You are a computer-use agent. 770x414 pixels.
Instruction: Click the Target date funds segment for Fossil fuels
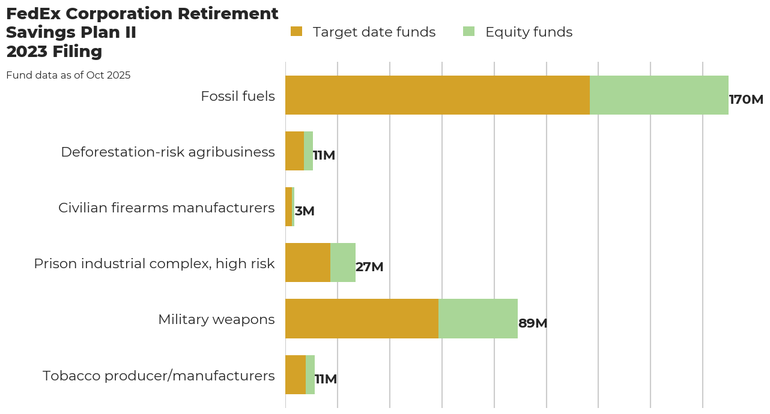click(x=437, y=95)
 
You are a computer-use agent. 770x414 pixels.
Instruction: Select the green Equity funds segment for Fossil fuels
click(x=659, y=95)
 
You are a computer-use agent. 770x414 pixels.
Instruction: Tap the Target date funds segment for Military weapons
click(x=362, y=319)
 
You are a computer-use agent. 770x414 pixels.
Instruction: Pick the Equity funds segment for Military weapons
click(x=478, y=319)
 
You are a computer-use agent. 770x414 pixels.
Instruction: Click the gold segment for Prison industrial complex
click(x=308, y=263)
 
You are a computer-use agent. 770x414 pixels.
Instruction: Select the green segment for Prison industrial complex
click(x=343, y=263)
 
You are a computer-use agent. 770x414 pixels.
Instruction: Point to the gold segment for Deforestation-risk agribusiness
click(x=294, y=151)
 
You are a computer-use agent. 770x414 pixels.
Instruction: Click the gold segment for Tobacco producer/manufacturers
click(x=296, y=374)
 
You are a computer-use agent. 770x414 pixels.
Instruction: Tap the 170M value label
click(x=746, y=100)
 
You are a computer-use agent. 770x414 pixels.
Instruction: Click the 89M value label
click(x=533, y=323)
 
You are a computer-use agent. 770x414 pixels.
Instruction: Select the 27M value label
click(x=369, y=267)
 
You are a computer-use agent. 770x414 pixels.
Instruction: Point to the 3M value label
click(x=305, y=211)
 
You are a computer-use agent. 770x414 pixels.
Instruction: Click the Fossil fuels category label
click(x=238, y=96)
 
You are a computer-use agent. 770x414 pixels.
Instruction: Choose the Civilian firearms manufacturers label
click(x=166, y=208)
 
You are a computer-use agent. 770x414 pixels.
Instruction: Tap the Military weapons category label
click(x=216, y=319)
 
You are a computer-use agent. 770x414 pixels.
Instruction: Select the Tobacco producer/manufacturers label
click(x=159, y=376)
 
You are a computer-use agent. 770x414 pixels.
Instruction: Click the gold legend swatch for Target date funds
click(x=296, y=32)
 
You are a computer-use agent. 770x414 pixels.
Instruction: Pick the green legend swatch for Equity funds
click(x=469, y=32)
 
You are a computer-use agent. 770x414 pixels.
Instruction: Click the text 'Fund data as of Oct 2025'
click(x=68, y=76)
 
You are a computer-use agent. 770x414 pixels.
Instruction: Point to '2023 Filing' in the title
click(x=54, y=52)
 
